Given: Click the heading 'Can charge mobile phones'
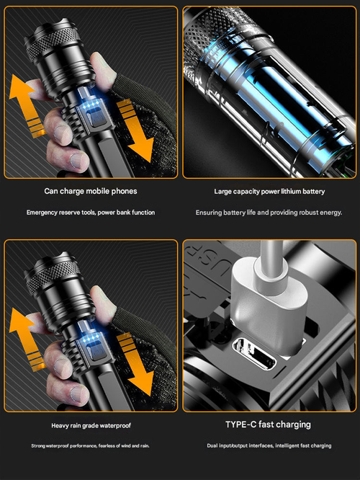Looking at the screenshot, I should (90, 192).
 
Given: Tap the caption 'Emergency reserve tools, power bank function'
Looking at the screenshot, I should (90, 213).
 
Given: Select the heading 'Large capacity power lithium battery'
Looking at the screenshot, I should (269, 192).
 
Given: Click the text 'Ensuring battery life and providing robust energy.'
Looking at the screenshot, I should (269, 213).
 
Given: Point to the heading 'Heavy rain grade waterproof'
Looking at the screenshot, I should (90, 425).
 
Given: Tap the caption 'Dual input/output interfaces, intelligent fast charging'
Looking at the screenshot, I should (269, 446).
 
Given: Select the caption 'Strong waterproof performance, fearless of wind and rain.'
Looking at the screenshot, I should (90, 446).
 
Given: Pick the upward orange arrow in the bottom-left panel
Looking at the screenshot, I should (27, 335).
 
